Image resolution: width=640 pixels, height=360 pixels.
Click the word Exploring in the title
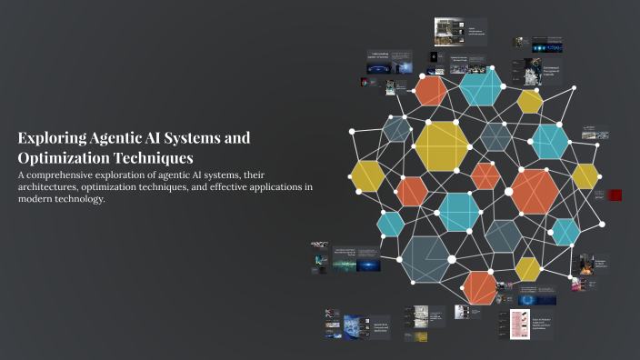(x=51, y=138)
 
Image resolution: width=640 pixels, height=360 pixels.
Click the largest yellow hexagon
(x=442, y=145)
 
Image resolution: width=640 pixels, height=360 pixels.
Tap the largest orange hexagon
(x=535, y=191)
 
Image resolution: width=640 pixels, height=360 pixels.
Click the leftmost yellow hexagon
(x=368, y=176)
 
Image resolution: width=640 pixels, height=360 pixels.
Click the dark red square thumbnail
(x=615, y=195)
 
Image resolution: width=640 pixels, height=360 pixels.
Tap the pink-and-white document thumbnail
(x=519, y=325)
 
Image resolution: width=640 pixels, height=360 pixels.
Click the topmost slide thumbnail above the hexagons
(x=460, y=32)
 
